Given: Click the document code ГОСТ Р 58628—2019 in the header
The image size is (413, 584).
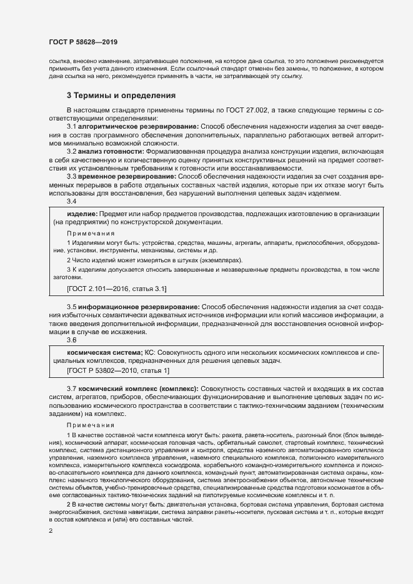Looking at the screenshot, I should [x=82, y=42].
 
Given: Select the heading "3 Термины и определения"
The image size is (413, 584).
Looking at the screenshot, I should [x=121, y=96].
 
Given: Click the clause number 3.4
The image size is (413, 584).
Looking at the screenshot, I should [x=72, y=202].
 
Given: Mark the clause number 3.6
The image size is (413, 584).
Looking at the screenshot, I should [x=72, y=340].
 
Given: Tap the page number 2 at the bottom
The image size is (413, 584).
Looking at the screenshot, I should [x=51, y=531].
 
